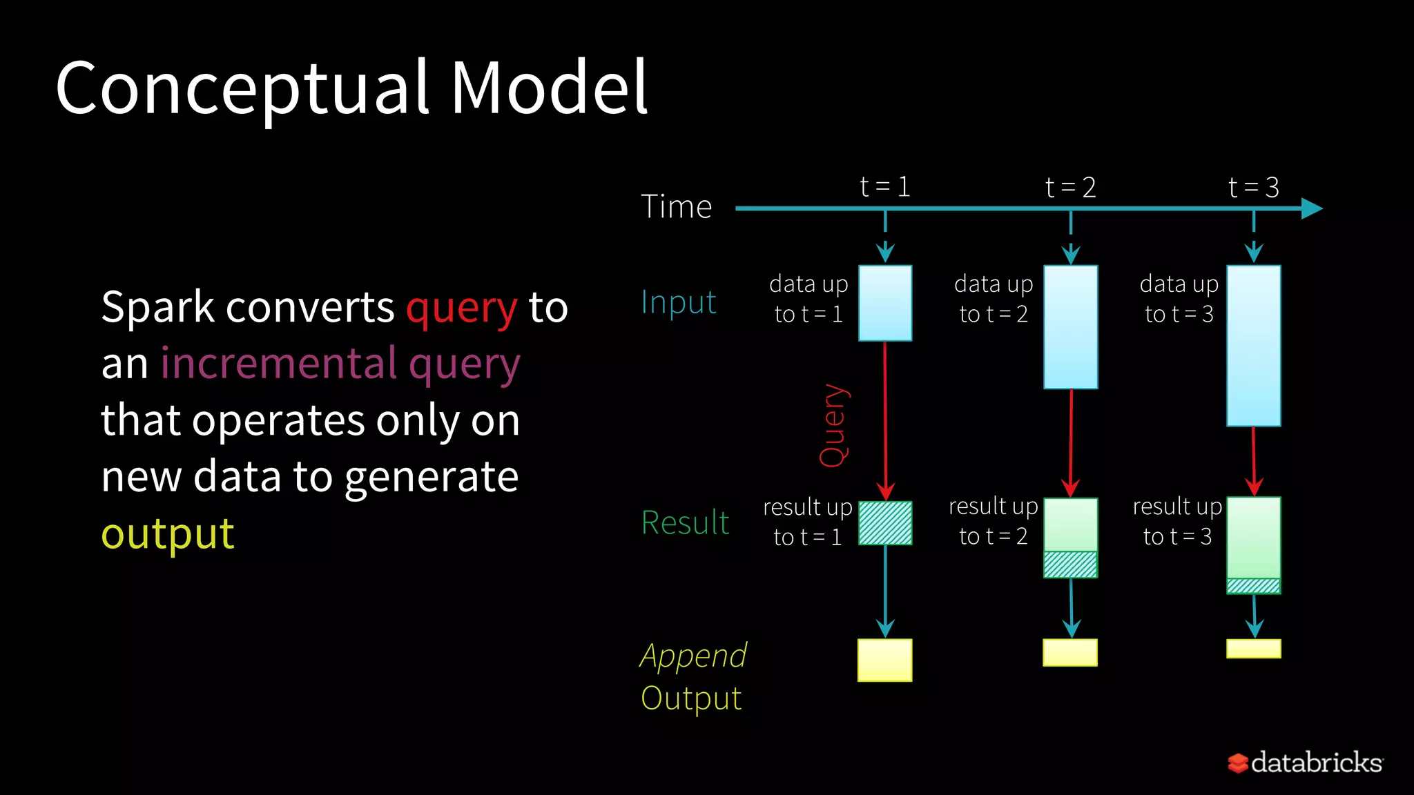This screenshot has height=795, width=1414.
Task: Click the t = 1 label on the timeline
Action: coord(884,187)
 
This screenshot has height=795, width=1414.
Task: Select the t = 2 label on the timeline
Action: coord(1070,188)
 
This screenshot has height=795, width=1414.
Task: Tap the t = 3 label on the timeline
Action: coord(1254,188)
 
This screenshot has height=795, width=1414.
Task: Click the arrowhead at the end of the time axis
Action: coord(1311,208)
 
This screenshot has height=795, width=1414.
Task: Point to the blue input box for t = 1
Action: coord(885,303)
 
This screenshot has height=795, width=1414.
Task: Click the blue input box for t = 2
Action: coord(1070,327)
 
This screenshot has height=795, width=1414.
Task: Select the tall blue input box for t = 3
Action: coord(1254,346)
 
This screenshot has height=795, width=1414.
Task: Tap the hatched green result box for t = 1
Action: coord(885,523)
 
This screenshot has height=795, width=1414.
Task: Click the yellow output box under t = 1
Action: coord(884,660)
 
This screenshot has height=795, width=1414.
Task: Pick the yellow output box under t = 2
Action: coord(1070,653)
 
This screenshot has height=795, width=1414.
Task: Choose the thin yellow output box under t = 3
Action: coord(1254,649)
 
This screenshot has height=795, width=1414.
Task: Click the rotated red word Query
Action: coord(833,425)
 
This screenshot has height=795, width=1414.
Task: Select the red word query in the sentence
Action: coord(461,308)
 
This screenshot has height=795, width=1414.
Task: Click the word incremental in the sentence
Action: coord(279,364)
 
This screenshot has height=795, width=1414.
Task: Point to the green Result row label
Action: coord(685,522)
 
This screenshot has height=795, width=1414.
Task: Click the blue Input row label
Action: coord(678,302)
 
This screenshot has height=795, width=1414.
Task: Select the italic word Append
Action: coord(693,656)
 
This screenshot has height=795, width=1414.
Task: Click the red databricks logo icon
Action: coord(1238,763)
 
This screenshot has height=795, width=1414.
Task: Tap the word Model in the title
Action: coord(549,88)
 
